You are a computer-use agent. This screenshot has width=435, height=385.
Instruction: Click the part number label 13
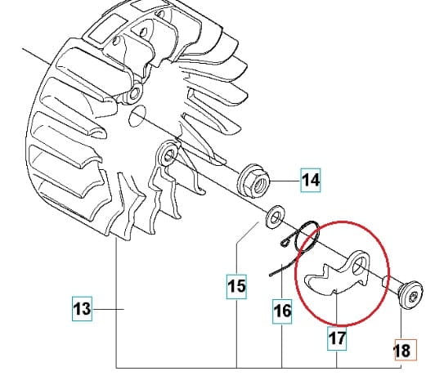pyautogui.click(x=82, y=309)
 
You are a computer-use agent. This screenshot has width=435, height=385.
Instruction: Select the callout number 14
pyautogui.click(x=311, y=180)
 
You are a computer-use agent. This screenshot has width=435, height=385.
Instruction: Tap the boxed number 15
pyautogui.click(x=236, y=287)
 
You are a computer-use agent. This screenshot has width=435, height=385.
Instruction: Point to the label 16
pyautogui.click(x=282, y=311)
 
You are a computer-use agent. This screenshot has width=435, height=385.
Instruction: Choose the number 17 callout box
pyautogui.click(x=337, y=338)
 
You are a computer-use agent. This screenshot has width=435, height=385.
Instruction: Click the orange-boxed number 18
pyautogui.click(x=406, y=350)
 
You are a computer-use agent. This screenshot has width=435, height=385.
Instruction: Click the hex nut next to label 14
pyautogui.click(x=253, y=181)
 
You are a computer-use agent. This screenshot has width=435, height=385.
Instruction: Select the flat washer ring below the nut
pyautogui.click(x=275, y=217)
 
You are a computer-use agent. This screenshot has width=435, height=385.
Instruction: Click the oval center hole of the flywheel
pyautogui.click(x=137, y=116)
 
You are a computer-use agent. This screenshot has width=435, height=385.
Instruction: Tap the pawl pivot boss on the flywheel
pyautogui.click(x=167, y=155)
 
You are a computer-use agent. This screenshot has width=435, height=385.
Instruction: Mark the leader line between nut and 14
pyautogui.click(x=285, y=181)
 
